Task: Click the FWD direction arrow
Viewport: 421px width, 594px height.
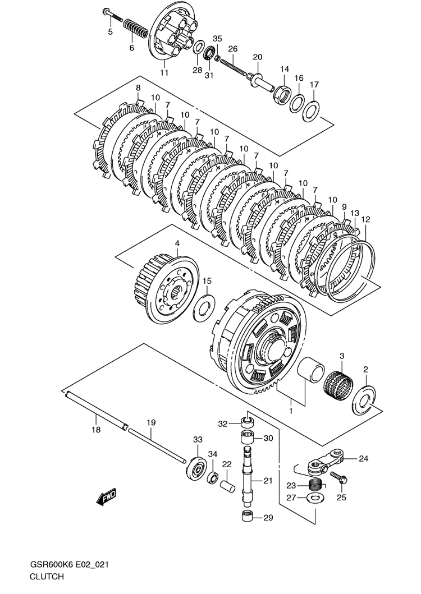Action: (x=106, y=496)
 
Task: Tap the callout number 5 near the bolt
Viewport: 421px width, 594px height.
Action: (x=110, y=32)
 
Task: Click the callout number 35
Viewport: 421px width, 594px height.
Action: (x=217, y=39)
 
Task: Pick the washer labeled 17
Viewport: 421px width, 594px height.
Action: (x=310, y=110)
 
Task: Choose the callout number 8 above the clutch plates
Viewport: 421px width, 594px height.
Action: (x=138, y=88)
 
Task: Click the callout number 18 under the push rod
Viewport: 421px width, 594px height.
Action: (x=96, y=430)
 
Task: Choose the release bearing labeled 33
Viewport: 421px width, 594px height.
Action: (x=196, y=467)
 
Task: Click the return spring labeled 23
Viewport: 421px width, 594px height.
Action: (x=317, y=481)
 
